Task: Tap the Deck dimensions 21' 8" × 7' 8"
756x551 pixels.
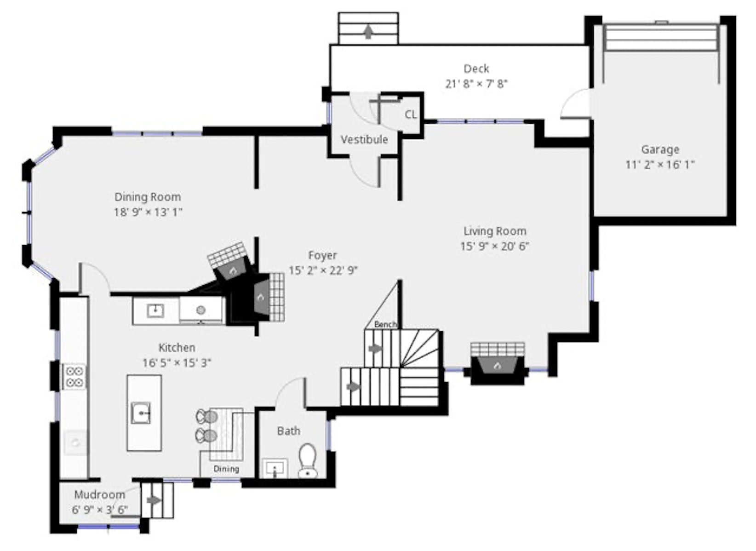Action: point(476,84)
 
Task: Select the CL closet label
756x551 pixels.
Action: point(411,115)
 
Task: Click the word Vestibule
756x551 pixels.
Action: point(364,139)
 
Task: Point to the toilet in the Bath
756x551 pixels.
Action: point(308,461)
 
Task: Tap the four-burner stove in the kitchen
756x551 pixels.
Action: point(74,377)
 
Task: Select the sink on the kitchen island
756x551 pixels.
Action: point(141,413)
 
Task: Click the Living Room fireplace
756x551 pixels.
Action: point(498,363)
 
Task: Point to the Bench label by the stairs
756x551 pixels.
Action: point(386,325)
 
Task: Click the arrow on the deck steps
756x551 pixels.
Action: point(368,32)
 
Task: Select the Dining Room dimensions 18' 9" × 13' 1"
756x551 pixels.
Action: point(148,212)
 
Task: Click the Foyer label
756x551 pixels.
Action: point(322,256)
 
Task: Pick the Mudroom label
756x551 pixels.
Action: point(100,495)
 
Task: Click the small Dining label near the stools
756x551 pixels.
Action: point(226,469)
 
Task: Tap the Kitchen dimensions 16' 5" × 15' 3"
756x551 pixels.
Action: point(177,363)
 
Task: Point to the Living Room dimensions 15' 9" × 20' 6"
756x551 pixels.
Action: point(494,247)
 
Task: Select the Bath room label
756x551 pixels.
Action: point(289,431)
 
